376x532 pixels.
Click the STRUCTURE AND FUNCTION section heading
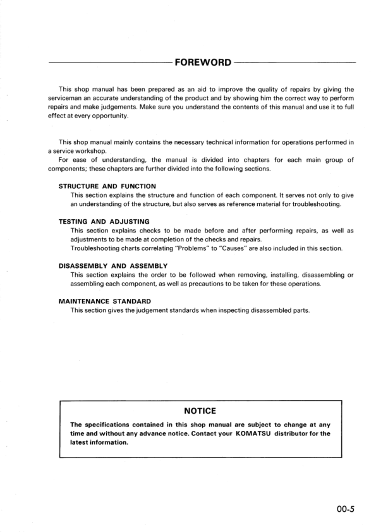point(107,186)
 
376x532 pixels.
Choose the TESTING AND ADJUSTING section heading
point(104,222)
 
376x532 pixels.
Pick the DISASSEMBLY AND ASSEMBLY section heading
point(112,266)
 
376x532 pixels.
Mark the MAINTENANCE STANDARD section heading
point(104,301)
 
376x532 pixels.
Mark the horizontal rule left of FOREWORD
point(107,63)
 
